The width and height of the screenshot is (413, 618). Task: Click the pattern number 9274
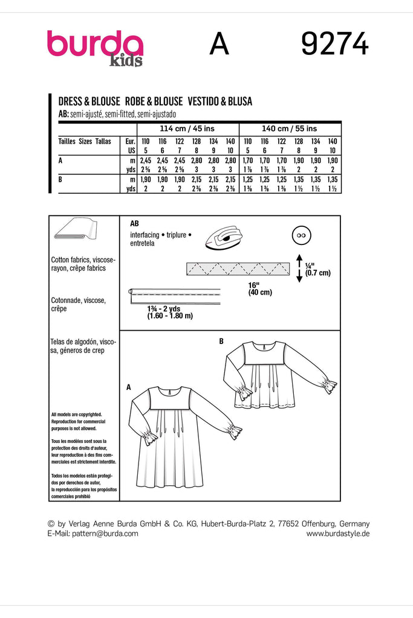pos(334,45)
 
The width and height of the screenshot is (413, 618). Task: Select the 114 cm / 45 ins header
pos(187,129)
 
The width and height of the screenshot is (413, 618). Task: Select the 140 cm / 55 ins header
pos(290,129)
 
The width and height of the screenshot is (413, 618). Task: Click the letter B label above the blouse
pos(221,342)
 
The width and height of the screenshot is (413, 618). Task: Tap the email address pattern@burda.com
pos(93,534)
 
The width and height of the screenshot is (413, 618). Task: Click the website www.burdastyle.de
pos(338,534)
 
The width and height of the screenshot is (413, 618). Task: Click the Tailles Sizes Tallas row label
pos(85,140)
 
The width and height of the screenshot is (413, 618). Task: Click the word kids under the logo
pos(126,61)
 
